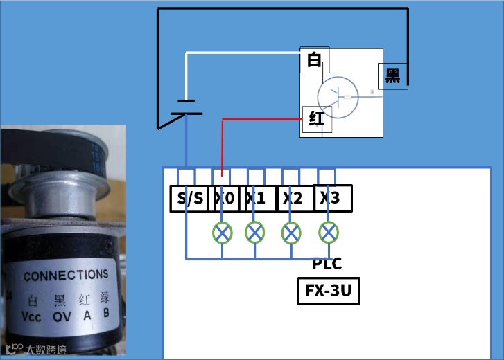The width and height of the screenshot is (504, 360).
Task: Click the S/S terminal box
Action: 190,199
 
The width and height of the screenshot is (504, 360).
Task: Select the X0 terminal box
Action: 227,199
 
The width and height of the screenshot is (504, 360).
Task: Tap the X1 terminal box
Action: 257,199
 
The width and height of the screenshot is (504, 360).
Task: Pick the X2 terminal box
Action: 295,199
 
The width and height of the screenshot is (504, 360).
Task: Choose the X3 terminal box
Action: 332,198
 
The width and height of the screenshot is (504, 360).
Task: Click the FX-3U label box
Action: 329,291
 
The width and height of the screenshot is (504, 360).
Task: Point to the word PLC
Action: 327,264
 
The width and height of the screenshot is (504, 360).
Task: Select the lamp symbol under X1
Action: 255,232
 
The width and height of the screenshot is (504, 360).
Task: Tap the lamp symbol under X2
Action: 291,232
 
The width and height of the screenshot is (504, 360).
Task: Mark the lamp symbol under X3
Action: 327,231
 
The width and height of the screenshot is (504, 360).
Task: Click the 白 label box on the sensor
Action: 314,61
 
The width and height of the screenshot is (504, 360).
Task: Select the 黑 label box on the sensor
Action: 393,75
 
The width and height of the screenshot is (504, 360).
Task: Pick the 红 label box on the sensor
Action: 317,118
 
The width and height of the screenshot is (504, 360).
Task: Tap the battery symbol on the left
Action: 186,108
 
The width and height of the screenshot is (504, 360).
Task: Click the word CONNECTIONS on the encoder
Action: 66,275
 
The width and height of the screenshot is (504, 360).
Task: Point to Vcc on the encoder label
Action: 33,317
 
